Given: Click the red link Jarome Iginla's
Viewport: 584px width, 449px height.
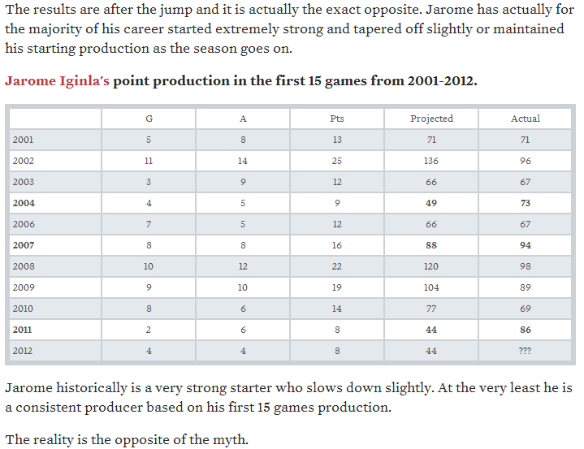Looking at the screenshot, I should (x=57, y=82).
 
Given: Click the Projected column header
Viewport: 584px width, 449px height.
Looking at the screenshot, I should (x=431, y=119).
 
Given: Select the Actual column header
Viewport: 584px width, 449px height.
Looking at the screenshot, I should (x=525, y=119).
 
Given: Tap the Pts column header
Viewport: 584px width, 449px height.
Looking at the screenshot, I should (x=337, y=119).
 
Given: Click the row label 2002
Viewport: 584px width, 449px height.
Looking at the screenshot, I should (x=24, y=161).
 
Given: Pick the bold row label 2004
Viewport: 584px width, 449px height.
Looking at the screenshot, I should (x=24, y=203).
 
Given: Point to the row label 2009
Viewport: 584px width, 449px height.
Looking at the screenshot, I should (x=24, y=287).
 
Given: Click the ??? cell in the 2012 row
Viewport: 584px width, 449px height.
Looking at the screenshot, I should (x=525, y=351).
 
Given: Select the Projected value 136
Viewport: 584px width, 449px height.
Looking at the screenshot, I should (x=431, y=161).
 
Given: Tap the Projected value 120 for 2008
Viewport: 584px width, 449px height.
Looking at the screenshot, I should (x=431, y=266).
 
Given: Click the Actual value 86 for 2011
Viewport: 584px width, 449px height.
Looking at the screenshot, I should (x=525, y=330).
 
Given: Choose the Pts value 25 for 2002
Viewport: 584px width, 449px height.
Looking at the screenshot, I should (x=337, y=161).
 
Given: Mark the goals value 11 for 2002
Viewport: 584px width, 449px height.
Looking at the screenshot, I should (x=149, y=161).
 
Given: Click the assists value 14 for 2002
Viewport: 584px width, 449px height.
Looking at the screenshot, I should (x=243, y=161).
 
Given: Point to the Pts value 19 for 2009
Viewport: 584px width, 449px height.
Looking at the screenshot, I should (x=337, y=287).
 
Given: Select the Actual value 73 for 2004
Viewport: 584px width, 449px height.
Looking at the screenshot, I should (x=525, y=203).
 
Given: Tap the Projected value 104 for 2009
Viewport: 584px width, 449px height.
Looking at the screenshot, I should (x=431, y=287).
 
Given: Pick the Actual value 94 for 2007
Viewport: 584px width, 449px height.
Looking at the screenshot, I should (x=525, y=245).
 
